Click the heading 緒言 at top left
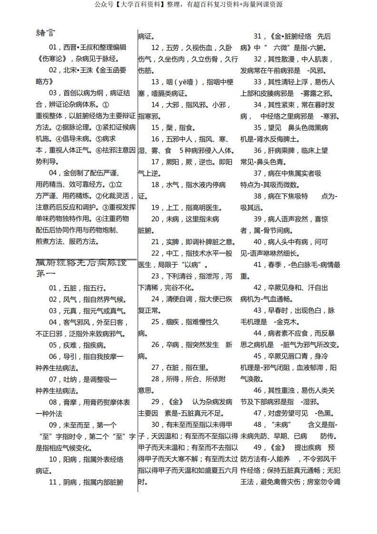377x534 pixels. pos(45,33)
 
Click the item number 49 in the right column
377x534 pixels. pos(258,447)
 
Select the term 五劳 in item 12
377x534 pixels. pos(172,48)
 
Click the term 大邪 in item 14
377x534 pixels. pos(172,105)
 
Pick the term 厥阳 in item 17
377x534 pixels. pos(172,162)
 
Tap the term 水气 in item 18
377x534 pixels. pos(172,185)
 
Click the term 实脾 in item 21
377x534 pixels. pos(172,242)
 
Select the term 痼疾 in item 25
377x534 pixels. pos(172,322)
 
